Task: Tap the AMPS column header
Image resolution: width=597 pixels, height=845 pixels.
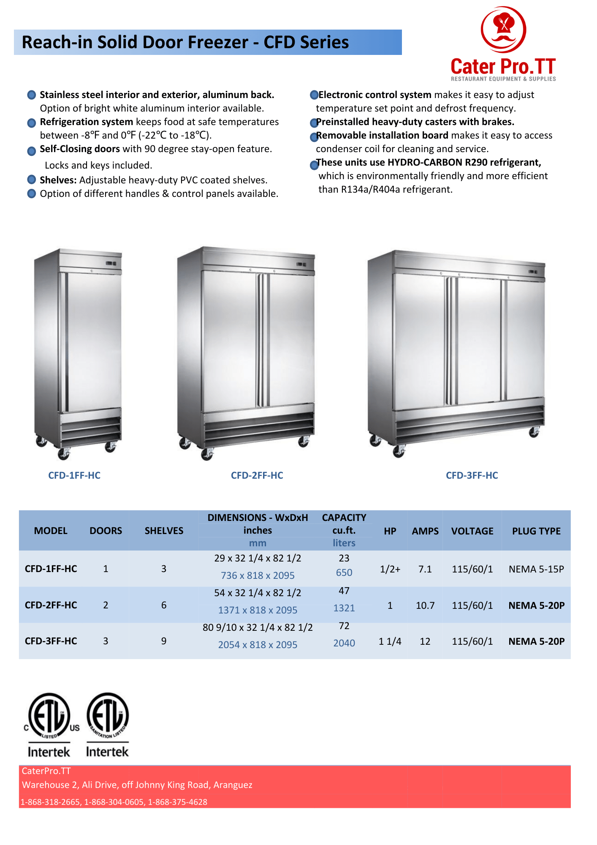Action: click(425, 531)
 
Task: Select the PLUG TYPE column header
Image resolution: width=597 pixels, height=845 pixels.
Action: click(536, 531)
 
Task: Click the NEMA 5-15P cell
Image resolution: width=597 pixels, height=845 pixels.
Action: click(536, 569)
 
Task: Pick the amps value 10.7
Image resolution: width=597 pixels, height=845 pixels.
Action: click(425, 605)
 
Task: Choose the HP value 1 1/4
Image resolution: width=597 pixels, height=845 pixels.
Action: click(390, 641)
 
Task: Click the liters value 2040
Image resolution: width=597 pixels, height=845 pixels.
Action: click(344, 643)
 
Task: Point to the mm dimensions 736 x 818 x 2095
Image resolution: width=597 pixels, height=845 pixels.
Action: click(258, 575)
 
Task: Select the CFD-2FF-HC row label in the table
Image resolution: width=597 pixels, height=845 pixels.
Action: click(51, 605)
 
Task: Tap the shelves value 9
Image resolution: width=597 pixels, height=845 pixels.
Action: click(164, 641)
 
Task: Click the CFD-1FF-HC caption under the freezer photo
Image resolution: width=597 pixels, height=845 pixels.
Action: click(74, 475)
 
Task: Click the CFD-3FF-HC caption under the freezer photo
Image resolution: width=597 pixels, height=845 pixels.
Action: click(472, 475)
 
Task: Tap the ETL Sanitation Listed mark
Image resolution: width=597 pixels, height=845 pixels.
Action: click(108, 725)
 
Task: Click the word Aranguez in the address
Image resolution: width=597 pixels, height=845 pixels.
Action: click(233, 785)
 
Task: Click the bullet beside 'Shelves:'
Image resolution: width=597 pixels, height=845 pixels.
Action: click(31, 180)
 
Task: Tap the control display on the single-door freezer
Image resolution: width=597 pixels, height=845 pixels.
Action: click(111, 264)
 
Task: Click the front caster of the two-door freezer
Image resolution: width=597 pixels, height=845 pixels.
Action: click(207, 454)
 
